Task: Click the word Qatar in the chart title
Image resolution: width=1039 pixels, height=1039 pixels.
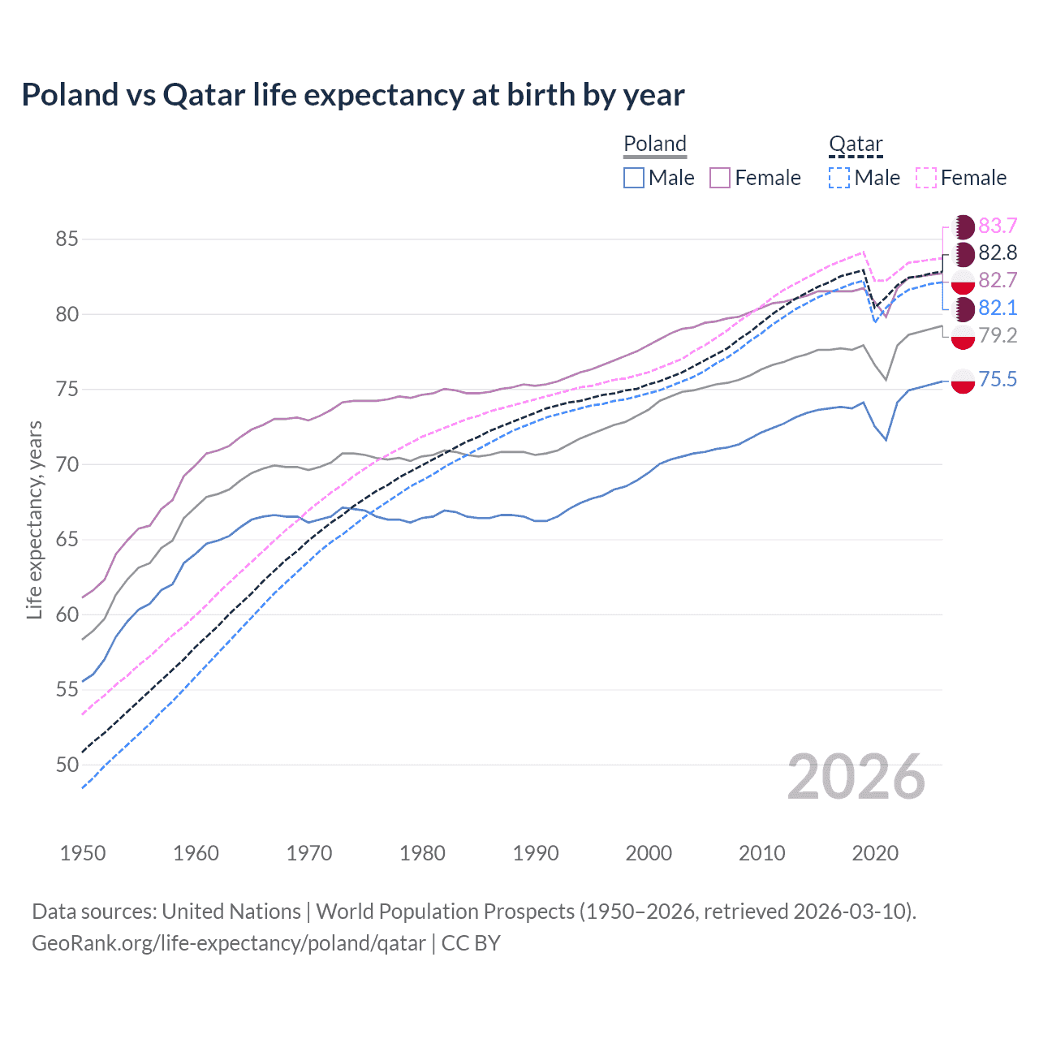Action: pyautogui.click(x=204, y=95)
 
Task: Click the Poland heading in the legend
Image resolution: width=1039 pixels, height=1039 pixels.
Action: pyautogui.click(x=655, y=144)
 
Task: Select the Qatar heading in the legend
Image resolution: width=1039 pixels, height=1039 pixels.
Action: pyautogui.click(x=856, y=144)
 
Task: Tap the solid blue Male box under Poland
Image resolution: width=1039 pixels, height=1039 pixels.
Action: pyautogui.click(x=634, y=178)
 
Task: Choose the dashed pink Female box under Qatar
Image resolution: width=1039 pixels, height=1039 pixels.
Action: pyautogui.click(x=926, y=178)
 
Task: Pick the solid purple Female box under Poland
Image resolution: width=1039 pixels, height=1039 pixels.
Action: pyautogui.click(x=720, y=178)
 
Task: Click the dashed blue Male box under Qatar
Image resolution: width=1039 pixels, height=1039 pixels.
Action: pyautogui.click(x=839, y=178)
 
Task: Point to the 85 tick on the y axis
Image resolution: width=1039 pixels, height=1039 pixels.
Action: pyautogui.click(x=67, y=239)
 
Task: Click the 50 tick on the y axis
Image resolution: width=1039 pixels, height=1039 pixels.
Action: pyautogui.click(x=67, y=765)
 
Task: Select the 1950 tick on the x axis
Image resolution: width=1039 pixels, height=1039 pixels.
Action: pyautogui.click(x=83, y=853)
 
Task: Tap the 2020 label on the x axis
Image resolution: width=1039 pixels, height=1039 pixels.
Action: pyautogui.click(x=875, y=853)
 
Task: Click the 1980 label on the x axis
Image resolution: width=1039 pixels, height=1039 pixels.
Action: pyautogui.click(x=422, y=853)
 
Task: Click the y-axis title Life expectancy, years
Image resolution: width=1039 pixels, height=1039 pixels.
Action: pyautogui.click(x=34, y=520)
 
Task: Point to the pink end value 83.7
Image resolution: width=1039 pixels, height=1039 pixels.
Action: pyautogui.click(x=998, y=226)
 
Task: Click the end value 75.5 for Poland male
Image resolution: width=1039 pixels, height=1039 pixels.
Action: pyautogui.click(x=998, y=379)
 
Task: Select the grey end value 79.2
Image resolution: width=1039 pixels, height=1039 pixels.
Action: pyautogui.click(x=998, y=335)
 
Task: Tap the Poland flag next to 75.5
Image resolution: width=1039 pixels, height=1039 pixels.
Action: pyautogui.click(x=963, y=380)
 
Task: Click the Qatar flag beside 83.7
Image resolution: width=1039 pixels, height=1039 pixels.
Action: pyautogui.click(x=963, y=226)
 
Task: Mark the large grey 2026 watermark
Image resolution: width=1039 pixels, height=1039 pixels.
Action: pyautogui.click(x=856, y=777)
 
